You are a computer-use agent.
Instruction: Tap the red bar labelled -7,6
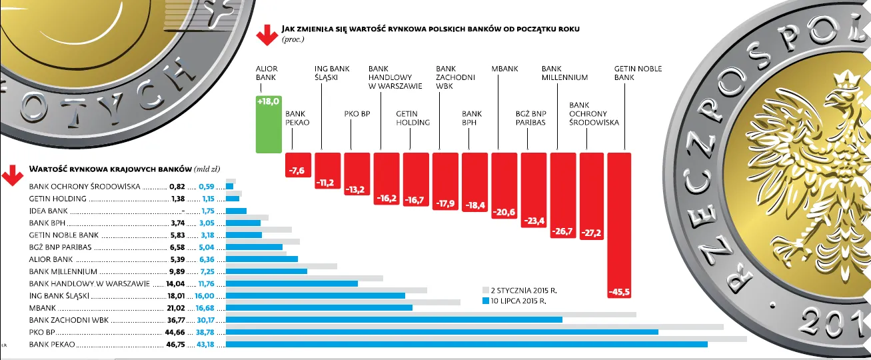tap(298, 165)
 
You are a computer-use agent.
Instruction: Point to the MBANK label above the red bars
tap(504, 69)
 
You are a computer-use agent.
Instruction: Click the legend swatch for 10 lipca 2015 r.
tap(485, 301)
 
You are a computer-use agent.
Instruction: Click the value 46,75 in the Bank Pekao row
tap(175, 345)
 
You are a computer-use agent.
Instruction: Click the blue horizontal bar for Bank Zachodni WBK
tap(394, 319)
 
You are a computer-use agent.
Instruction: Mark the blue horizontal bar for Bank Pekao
tap(466, 345)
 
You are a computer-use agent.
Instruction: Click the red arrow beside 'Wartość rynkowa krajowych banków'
tap(11, 175)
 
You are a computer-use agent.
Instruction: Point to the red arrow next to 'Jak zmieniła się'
tap(267, 35)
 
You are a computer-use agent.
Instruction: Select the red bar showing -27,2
tap(591, 196)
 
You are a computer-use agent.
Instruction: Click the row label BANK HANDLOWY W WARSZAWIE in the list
tap(89, 283)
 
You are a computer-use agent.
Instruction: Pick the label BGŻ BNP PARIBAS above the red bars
tap(530, 117)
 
